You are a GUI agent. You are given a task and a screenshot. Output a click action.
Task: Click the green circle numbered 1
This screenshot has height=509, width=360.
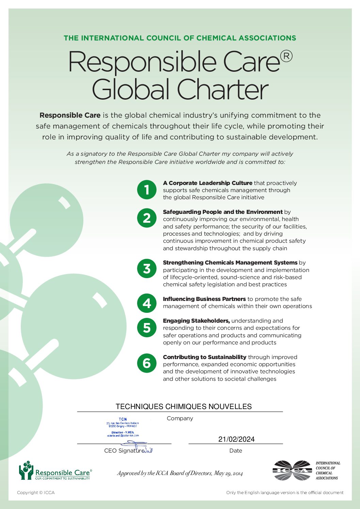147,190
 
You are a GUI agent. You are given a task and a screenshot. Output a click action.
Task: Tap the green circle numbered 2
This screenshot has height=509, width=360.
147,218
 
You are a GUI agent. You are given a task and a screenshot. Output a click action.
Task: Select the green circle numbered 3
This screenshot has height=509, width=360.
147,269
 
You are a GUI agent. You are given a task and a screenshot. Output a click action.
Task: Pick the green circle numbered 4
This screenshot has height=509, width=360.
147,303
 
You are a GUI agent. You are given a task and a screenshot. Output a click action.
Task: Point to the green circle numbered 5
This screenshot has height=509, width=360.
147,328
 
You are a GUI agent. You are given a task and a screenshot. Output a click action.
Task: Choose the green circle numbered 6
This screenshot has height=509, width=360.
147,363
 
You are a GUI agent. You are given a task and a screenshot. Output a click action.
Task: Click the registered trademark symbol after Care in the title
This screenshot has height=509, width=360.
287,56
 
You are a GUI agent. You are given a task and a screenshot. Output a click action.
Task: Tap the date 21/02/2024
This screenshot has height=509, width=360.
236,439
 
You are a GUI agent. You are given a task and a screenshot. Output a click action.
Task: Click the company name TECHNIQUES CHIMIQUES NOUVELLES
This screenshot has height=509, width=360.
183,407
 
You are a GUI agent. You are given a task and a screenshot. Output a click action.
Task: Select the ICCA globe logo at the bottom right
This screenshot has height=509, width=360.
292,471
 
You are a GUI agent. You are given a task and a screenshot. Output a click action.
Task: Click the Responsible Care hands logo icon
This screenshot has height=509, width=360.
26,471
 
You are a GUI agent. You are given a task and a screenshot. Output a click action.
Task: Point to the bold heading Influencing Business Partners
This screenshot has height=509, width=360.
204,299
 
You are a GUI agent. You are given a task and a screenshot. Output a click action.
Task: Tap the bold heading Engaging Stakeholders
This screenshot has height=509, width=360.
196,321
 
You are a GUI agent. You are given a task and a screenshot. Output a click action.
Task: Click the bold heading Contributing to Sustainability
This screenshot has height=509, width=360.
204,357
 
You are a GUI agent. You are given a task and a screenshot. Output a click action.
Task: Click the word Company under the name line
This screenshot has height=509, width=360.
180,419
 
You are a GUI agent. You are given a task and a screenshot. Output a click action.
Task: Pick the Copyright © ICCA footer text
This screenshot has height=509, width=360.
36,493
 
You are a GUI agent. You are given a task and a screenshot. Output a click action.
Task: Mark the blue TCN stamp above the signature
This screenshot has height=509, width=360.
123,427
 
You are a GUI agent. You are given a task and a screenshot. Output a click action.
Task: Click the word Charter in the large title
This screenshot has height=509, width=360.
223,90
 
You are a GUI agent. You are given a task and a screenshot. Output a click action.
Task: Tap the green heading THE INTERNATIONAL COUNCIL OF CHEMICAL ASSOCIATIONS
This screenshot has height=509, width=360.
180,38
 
